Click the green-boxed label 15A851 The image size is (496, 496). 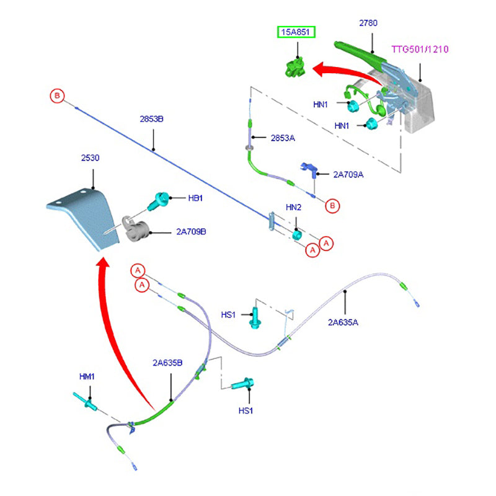[x=296, y=32]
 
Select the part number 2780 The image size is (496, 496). [x=368, y=23]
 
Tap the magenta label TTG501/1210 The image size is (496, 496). [x=420, y=49]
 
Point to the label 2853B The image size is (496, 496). [x=151, y=118]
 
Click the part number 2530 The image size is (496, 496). [x=90, y=158]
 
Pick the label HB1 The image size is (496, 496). [x=195, y=198]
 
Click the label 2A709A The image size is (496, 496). [x=348, y=175]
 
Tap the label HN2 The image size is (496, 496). [x=293, y=207]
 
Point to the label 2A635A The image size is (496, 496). [x=343, y=322]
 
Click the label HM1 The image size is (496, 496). [x=86, y=376]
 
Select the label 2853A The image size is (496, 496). [x=283, y=138]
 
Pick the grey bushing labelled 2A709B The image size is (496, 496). [x=136, y=231]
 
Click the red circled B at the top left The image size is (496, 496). [x=57, y=96]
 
